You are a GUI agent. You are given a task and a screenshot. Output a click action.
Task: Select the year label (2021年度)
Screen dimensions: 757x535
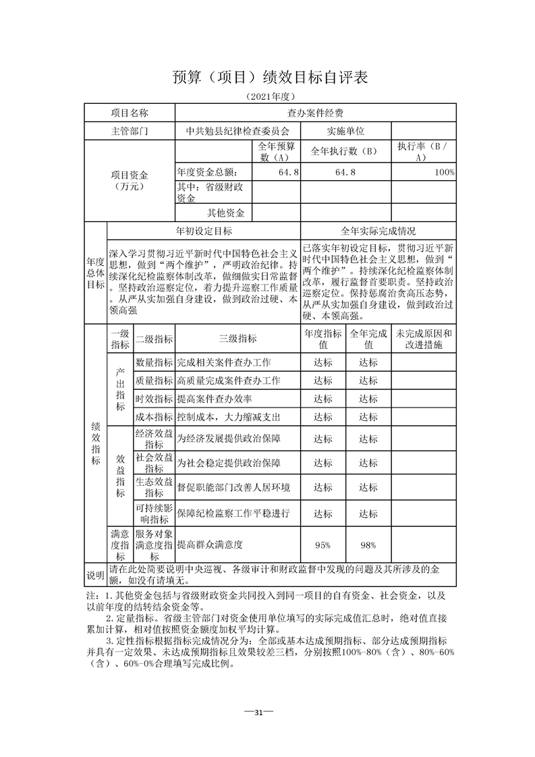(x=269, y=96)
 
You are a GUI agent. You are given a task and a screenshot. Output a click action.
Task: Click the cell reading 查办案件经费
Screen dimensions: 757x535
(x=315, y=113)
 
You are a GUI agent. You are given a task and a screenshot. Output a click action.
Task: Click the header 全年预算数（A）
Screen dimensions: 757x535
(x=277, y=151)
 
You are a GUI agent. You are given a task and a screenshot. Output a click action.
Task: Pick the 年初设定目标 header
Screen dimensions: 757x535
(x=204, y=231)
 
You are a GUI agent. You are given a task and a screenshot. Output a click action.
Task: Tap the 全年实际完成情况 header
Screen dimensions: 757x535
(x=378, y=231)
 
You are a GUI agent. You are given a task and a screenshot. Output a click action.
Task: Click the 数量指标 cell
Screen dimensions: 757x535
(x=154, y=362)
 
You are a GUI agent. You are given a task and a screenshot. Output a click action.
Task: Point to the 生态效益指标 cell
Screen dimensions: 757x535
(x=154, y=487)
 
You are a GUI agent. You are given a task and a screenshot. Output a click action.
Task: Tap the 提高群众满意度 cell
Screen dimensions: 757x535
(x=210, y=544)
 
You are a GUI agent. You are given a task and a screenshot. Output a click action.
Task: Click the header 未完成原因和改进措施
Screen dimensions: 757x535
(x=423, y=339)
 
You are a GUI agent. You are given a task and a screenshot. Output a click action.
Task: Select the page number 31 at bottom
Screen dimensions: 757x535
(x=267, y=712)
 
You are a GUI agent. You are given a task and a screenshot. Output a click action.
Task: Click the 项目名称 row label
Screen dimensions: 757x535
(x=129, y=113)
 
